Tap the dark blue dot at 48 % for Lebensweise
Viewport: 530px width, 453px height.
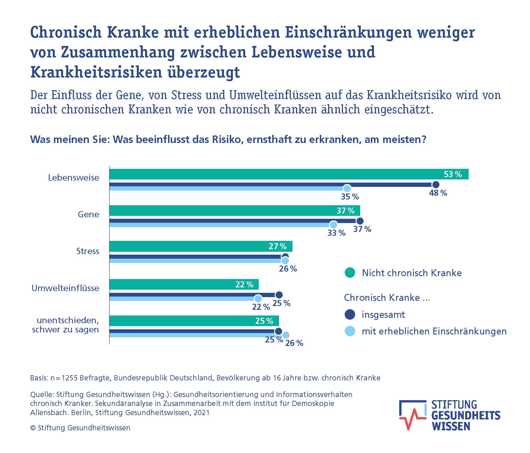click(x=435, y=185)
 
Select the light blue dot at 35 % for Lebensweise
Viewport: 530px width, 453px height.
click(x=347, y=189)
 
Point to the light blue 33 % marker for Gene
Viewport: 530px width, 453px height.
click(x=333, y=225)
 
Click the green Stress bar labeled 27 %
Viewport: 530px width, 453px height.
click(x=201, y=246)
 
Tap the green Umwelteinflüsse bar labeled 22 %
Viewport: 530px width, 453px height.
click(x=184, y=284)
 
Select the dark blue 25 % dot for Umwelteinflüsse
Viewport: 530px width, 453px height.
click(x=279, y=295)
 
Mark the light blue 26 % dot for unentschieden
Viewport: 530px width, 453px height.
click(x=286, y=335)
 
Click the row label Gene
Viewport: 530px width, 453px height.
click(x=88, y=214)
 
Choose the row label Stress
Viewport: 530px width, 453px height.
click(x=87, y=251)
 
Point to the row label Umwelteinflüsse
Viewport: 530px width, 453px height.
click(x=65, y=288)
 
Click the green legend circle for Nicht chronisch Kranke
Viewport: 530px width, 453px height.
click(x=350, y=273)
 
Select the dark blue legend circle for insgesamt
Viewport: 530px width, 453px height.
click(x=350, y=315)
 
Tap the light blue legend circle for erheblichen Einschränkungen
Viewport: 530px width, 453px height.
click(x=350, y=331)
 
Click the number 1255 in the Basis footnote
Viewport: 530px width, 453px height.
click(x=69, y=378)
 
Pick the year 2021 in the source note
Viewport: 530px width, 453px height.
click(x=201, y=413)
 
